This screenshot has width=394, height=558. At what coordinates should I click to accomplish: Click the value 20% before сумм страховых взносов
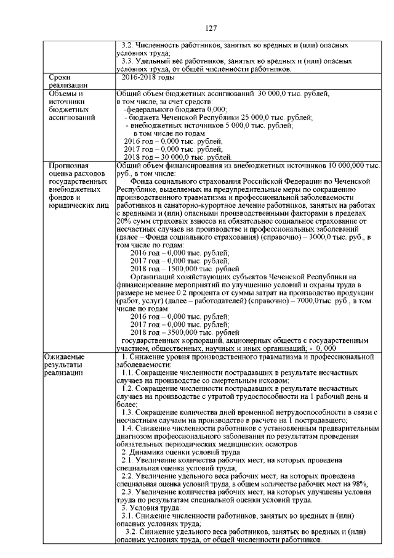pyautogui.click(x=123, y=221)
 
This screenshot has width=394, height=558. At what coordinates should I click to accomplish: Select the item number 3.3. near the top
pyautogui.click(x=126, y=62)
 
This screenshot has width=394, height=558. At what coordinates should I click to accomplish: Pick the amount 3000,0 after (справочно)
pyautogui.click(x=318, y=237)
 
